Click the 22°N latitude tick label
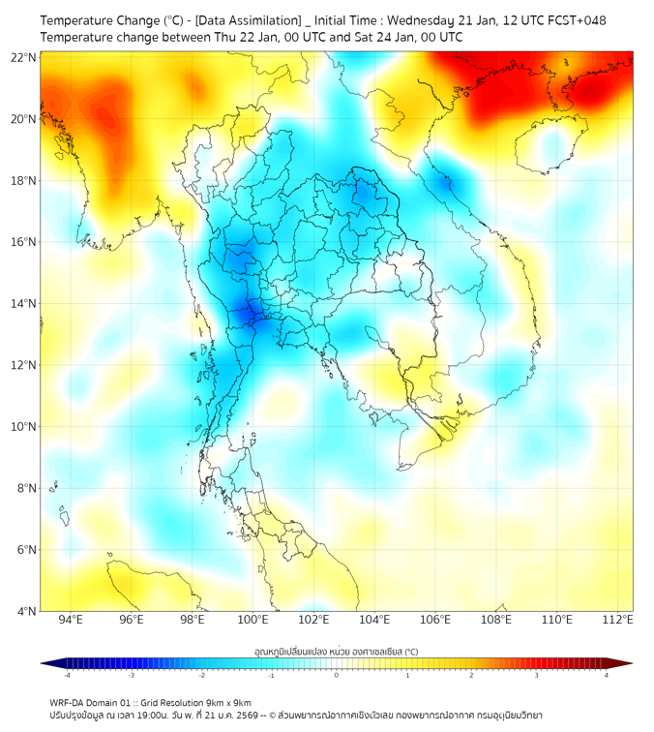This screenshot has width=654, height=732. coord(24,57)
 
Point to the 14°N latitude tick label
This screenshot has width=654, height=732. coord(24,303)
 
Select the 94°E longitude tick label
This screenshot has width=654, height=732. coord(70,620)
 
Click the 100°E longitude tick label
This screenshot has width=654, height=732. coord(253,620)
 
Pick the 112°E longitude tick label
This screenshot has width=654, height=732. coord(617,620)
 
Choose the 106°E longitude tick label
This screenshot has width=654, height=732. coord(435,620)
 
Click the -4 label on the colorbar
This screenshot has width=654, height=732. coord(67,675)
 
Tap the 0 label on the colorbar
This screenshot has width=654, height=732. coord(337,675)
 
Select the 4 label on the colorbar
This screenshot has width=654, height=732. coord(607,675)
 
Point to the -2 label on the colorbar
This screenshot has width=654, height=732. coord(201,675)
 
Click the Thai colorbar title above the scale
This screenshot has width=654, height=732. coord(336,651)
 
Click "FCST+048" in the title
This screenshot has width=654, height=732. coord(577,19)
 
